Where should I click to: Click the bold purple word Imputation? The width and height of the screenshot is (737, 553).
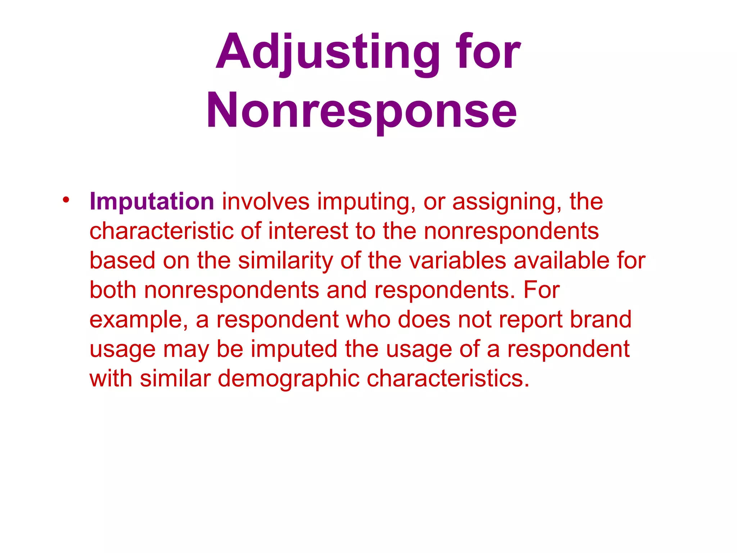pyautogui.click(x=152, y=201)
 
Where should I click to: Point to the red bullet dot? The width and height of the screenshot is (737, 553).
pyautogui.click(x=65, y=199)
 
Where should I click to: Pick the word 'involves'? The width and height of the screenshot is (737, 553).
pyautogui.click(x=266, y=201)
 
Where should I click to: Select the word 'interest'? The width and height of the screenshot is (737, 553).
pyautogui.click(x=308, y=231)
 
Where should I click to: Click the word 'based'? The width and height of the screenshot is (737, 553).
pyautogui.click(x=122, y=260)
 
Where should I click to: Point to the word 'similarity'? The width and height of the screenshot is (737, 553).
pyautogui.click(x=285, y=261)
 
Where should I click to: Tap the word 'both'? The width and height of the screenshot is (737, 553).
pyautogui.click(x=113, y=290)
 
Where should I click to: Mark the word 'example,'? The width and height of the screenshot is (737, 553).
pyautogui.click(x=139, y=320)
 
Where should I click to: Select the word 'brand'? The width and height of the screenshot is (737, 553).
pyautogui.click(x=601, y=319)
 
